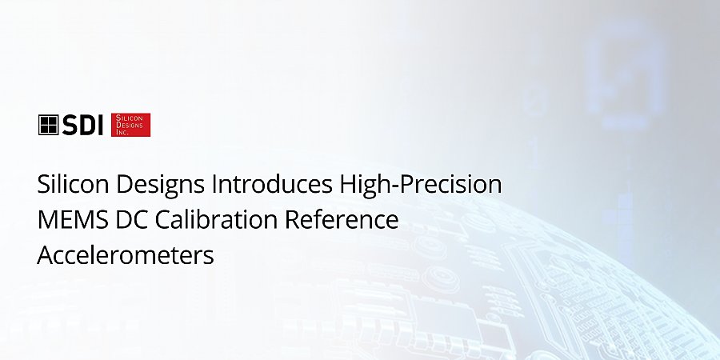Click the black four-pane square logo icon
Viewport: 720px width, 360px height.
pos(48,125)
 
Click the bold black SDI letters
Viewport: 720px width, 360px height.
pos(82,125)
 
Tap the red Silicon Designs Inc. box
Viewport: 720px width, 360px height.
pos(131,125)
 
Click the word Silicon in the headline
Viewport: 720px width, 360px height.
pos(73,184)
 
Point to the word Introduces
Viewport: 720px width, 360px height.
pos(272,184)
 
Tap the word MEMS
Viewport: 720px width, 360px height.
pos(73,220)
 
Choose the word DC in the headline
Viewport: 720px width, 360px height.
pos(132,220)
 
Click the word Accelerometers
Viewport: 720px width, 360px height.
pos(126,255)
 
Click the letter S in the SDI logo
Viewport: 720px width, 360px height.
pos(69,125)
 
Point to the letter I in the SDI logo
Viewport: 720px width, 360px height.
pos(101,125)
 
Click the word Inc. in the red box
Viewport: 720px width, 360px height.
pos(122,132)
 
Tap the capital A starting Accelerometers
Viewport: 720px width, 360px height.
pos(46,255)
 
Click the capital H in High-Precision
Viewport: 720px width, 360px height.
pos(348,184)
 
